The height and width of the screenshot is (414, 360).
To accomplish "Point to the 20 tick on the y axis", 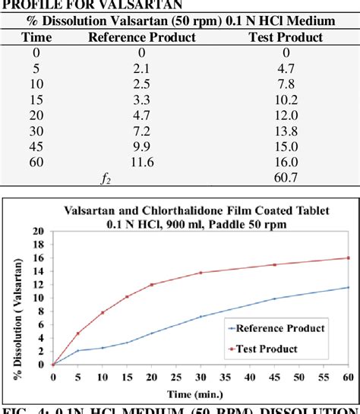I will pyautogui.click(x=40, y=230).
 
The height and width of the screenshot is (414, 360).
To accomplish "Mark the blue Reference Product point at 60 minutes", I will pyautogui.click(x=349, y=287).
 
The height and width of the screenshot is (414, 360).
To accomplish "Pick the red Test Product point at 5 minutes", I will pyautogui.click(x=77, y=333).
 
